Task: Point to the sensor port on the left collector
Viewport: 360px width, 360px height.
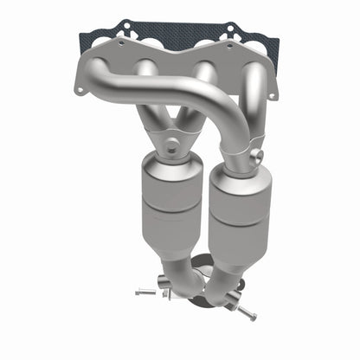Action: (171, 146)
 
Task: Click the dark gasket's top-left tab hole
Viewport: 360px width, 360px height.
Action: (121, 40)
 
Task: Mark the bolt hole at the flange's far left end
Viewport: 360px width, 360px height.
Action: (80, 89)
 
